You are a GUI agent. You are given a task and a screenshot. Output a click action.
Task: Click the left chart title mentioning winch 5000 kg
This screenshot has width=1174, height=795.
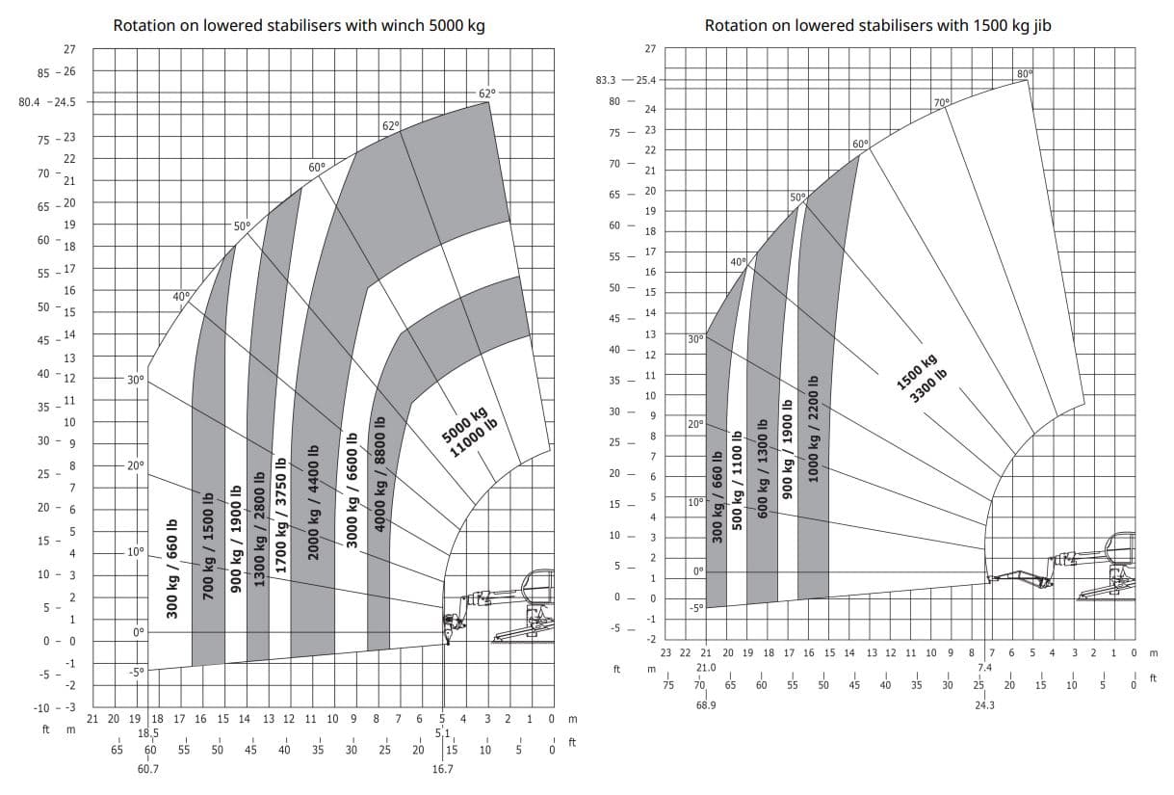(299, 26)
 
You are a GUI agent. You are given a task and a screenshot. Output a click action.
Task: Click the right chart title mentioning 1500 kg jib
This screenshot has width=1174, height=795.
(877, 26)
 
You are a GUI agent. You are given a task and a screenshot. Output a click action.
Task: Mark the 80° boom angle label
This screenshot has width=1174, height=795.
(1023, 74)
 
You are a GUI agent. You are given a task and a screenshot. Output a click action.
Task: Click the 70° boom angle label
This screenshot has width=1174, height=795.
(941, 102)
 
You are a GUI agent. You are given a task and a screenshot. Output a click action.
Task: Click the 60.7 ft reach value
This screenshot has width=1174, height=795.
(148, 769)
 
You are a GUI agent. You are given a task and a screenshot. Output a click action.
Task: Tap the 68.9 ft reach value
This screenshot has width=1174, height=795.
(705, 705)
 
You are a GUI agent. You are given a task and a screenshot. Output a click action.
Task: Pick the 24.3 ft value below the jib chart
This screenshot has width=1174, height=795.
(984, 705)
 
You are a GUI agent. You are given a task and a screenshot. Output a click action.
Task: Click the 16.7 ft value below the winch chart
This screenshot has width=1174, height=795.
(443, 769)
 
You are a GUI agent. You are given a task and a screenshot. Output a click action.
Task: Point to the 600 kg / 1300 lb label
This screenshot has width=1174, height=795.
(763, 468)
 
